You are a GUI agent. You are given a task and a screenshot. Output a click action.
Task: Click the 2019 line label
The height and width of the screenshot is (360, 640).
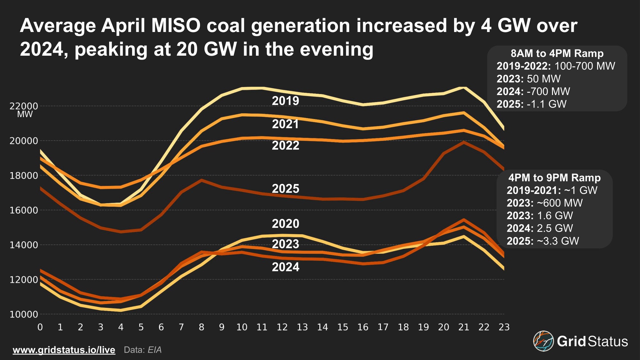tap(285, 101)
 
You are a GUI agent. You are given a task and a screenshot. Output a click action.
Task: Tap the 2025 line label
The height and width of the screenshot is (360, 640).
tap(285, 189)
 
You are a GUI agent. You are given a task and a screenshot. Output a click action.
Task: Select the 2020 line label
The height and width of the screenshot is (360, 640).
tap(285, 224)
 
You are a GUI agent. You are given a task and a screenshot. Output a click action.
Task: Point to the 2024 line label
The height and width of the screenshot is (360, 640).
tap(285, 267)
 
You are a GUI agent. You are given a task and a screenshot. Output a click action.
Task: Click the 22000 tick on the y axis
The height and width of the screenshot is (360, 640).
tap(24, 106)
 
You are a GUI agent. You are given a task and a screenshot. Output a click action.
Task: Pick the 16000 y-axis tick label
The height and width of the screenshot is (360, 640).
tap(24, 210)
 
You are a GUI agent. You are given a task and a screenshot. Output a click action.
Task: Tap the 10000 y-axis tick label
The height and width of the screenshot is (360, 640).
tap(24, 314)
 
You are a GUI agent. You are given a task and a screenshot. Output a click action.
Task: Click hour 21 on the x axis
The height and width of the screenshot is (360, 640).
tap(464, 327)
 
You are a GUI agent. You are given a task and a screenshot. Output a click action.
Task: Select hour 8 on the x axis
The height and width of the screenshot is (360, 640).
tap(201, 327)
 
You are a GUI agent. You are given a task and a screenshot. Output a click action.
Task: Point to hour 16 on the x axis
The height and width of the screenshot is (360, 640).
tap(363, 327)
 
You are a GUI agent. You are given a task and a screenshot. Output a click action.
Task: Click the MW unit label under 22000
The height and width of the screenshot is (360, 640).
tap(25, 115)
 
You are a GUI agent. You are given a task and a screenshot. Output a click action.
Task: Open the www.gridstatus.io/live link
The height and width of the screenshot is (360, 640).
tap(64, 350)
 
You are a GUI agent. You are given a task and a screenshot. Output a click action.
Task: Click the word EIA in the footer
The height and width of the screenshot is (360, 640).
tap(155, 350)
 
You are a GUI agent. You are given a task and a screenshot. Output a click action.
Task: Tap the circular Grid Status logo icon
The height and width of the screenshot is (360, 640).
tap(543, 341)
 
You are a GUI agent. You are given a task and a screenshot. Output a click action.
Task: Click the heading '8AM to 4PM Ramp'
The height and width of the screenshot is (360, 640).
tap(557, 53)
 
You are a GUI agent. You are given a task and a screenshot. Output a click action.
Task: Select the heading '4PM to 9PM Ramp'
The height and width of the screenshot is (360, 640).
tap(555, 178)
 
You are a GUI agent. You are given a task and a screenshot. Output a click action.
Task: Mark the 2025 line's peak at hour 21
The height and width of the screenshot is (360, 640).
tap(464, 142)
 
